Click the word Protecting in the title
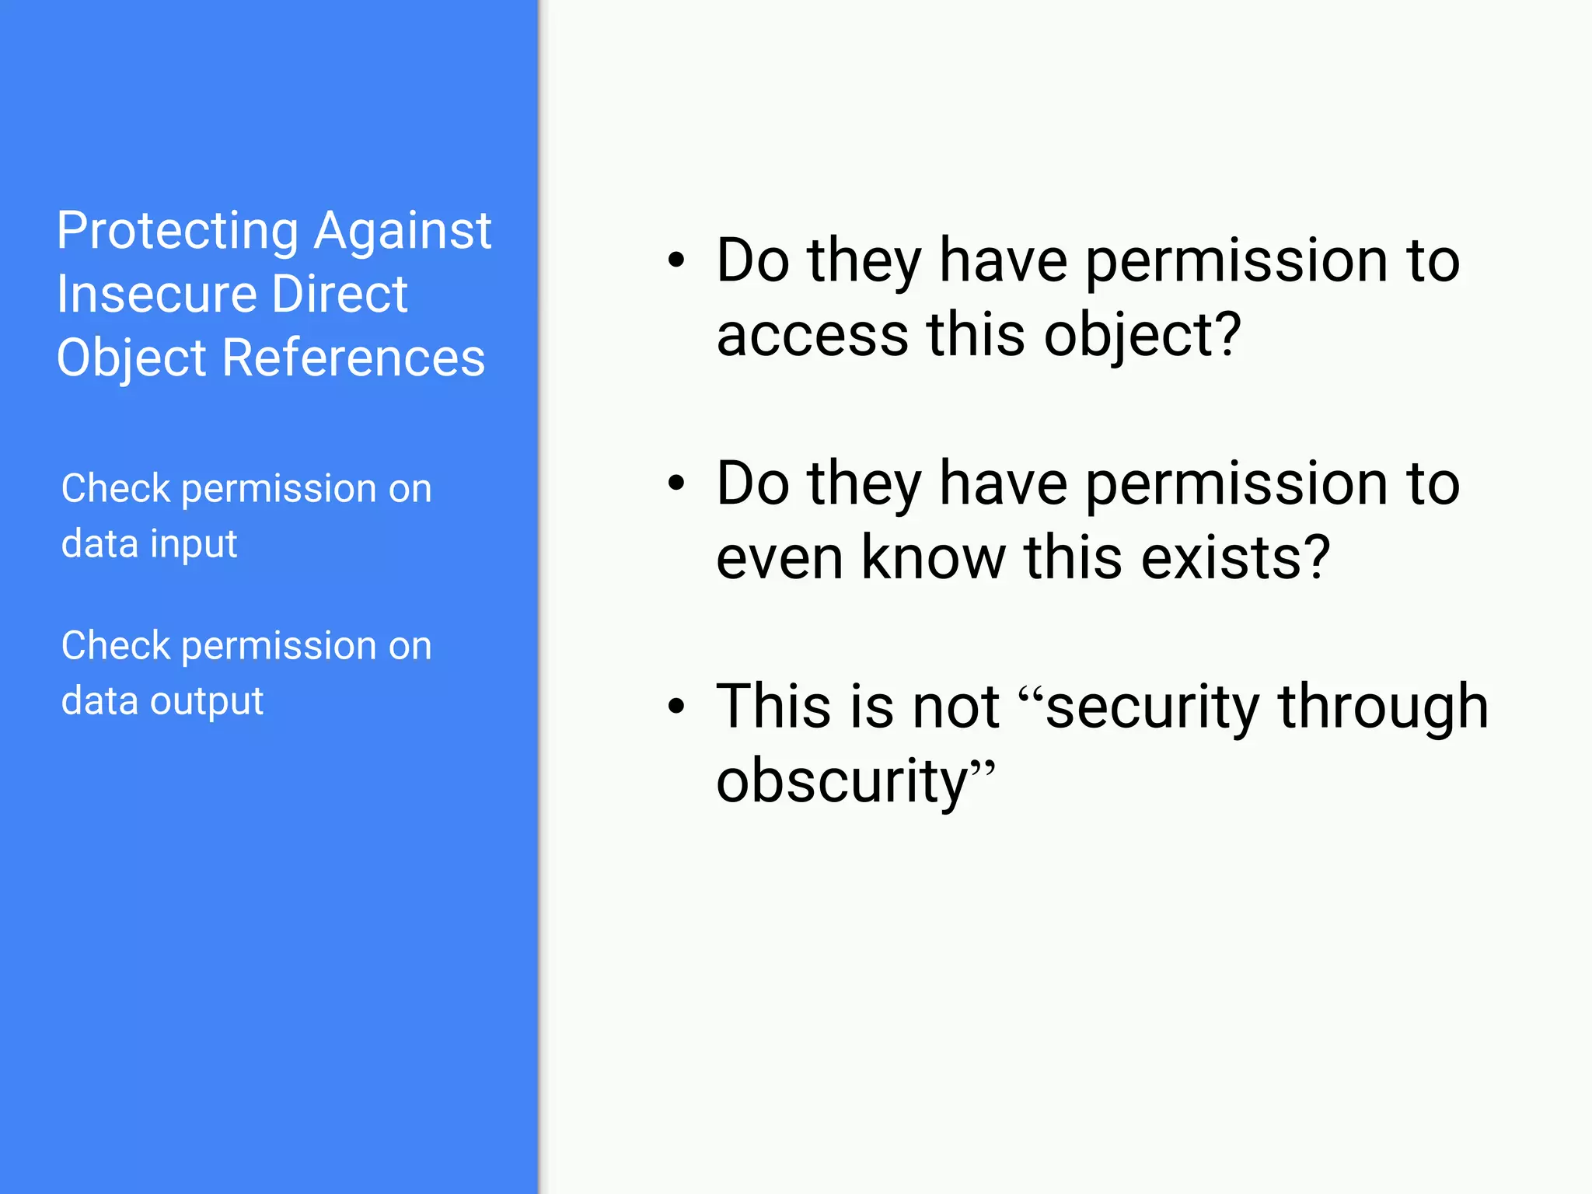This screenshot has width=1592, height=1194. [x=177, y=232]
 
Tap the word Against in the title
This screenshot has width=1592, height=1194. [x=403, y=232]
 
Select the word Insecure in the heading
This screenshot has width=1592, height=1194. [x=156, y=295]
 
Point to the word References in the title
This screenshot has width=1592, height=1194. [x=354, y=358]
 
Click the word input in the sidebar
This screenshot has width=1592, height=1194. [x=194, y=544]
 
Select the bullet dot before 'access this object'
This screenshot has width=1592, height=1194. [x=676, y=260]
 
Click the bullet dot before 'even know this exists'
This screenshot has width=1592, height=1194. [x=676, y=484]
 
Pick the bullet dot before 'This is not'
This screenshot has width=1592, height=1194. [x=676, y=707]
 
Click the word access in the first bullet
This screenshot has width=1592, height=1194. [x=812, y=335]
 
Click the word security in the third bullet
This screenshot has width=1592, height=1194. [x=1152, y=707]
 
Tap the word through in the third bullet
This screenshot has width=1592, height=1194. [x=1384, y=707]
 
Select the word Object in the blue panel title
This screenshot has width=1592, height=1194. [x=131, y=358]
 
